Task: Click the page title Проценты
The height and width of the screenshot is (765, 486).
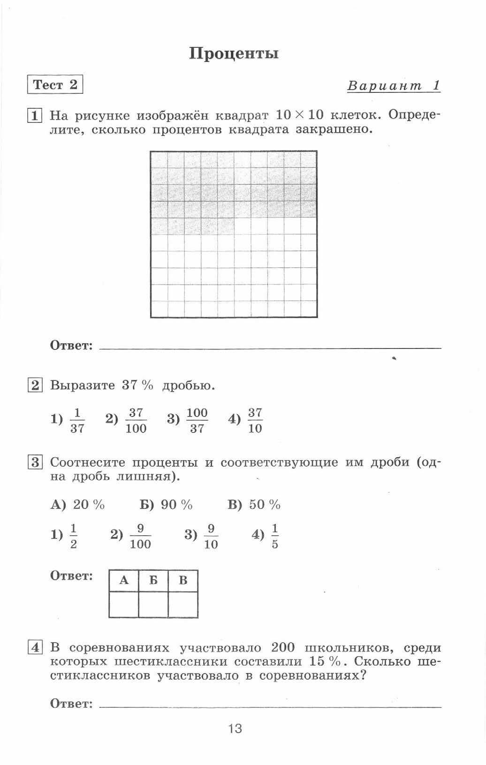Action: [x=234, y=53]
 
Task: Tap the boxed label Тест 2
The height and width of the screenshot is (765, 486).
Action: [x=55, y=85]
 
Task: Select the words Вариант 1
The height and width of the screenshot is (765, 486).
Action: [x=394, y=86]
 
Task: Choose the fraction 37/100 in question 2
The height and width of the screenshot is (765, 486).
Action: [x=136, y=420]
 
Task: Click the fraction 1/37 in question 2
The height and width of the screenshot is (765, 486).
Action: [x=77, y=420]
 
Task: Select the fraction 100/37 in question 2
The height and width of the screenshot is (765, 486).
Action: [x=197, y=420]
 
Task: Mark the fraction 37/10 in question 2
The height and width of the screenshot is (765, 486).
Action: [x=255, y=420]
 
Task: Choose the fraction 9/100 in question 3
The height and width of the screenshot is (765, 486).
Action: [x=140, y=536]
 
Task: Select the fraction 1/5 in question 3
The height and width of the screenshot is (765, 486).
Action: [x=274, y=536]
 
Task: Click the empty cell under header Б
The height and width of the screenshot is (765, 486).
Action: [x=153, y=604]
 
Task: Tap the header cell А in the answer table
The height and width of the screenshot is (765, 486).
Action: [x=124, y=581]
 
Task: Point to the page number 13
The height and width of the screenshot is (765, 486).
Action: [x=235, y=728]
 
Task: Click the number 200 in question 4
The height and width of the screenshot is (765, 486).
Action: [x=283, y=648]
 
